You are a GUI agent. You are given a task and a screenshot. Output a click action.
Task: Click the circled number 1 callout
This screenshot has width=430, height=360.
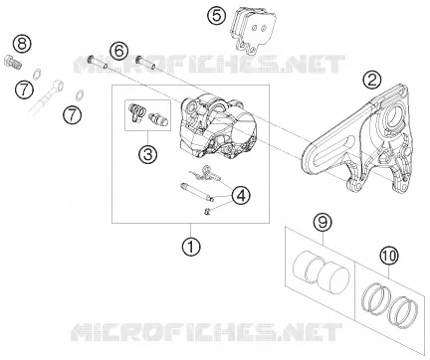pos(191,247)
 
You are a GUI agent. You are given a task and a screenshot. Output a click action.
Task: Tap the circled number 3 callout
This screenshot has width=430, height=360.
pos(147,154)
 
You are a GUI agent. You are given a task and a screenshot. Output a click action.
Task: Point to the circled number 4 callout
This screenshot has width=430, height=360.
pos(241,195)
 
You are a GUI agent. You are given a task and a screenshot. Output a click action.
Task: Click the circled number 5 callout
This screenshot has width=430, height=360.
pos(216,16)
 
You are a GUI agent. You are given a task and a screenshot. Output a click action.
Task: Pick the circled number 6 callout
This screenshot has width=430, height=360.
pos(118,51)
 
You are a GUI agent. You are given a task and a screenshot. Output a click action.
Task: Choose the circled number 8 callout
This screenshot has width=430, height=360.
pos(22,44)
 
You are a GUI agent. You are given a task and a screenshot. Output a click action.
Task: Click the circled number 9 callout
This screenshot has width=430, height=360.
pos(322,223)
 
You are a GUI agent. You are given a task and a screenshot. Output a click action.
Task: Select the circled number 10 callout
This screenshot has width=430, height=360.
pos(389,256)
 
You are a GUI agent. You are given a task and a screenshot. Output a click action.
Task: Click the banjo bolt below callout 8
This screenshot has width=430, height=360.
pos(13,63)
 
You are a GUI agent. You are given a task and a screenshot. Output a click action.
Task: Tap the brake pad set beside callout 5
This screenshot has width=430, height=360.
pos(253,32)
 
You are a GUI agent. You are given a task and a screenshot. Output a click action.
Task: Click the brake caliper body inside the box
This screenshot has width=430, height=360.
pos(216,126)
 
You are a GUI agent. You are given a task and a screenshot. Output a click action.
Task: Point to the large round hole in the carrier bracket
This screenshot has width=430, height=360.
pos(395,115)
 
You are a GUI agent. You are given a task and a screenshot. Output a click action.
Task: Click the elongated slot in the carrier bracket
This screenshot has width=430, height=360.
pos(334,148)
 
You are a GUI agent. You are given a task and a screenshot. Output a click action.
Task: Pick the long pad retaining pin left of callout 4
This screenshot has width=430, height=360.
pos(195,192)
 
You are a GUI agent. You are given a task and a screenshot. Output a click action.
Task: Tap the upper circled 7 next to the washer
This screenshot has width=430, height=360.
pos(24,90)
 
